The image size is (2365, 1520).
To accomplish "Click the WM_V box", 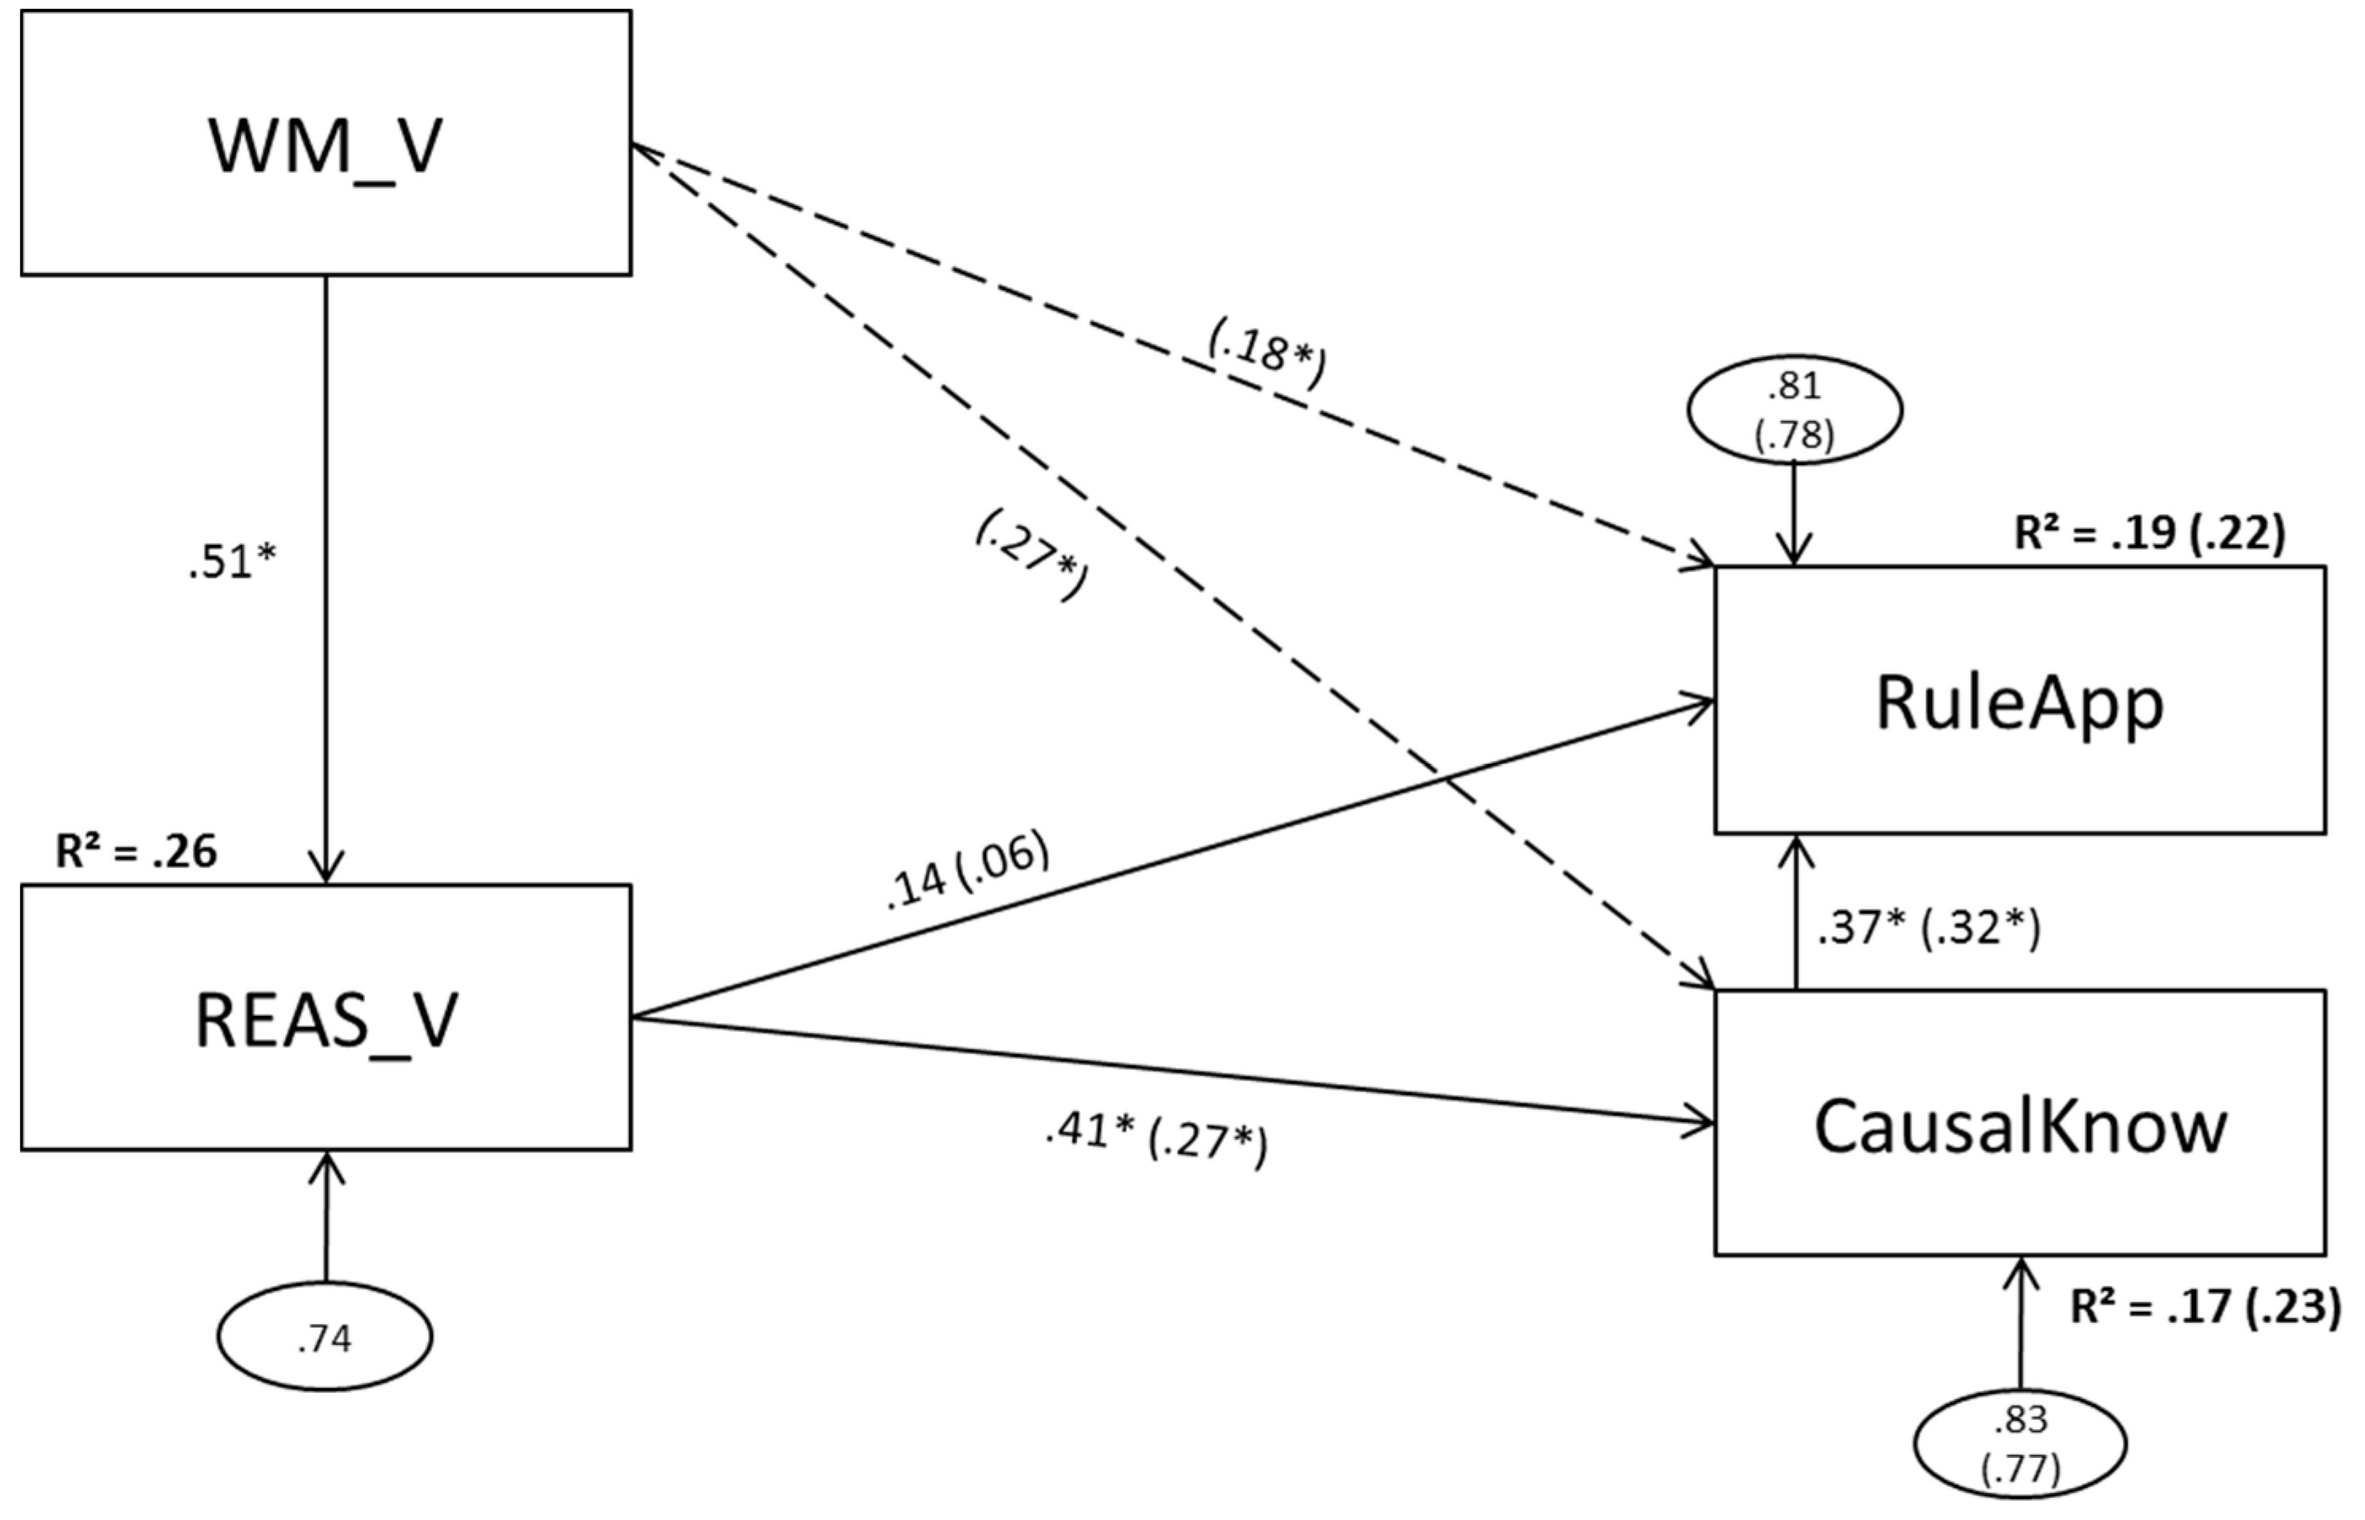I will click(x=326, y=143).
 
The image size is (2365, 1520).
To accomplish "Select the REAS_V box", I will click(x=326, y=1017).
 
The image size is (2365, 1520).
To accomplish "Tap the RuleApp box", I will click(x=2019, y=701).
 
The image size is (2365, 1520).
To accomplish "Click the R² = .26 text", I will click(x=136, y=851).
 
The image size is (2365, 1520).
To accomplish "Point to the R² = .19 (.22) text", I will click(x=2149, y=534).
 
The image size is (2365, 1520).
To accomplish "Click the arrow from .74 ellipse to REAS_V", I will click(x=326, y=1219).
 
